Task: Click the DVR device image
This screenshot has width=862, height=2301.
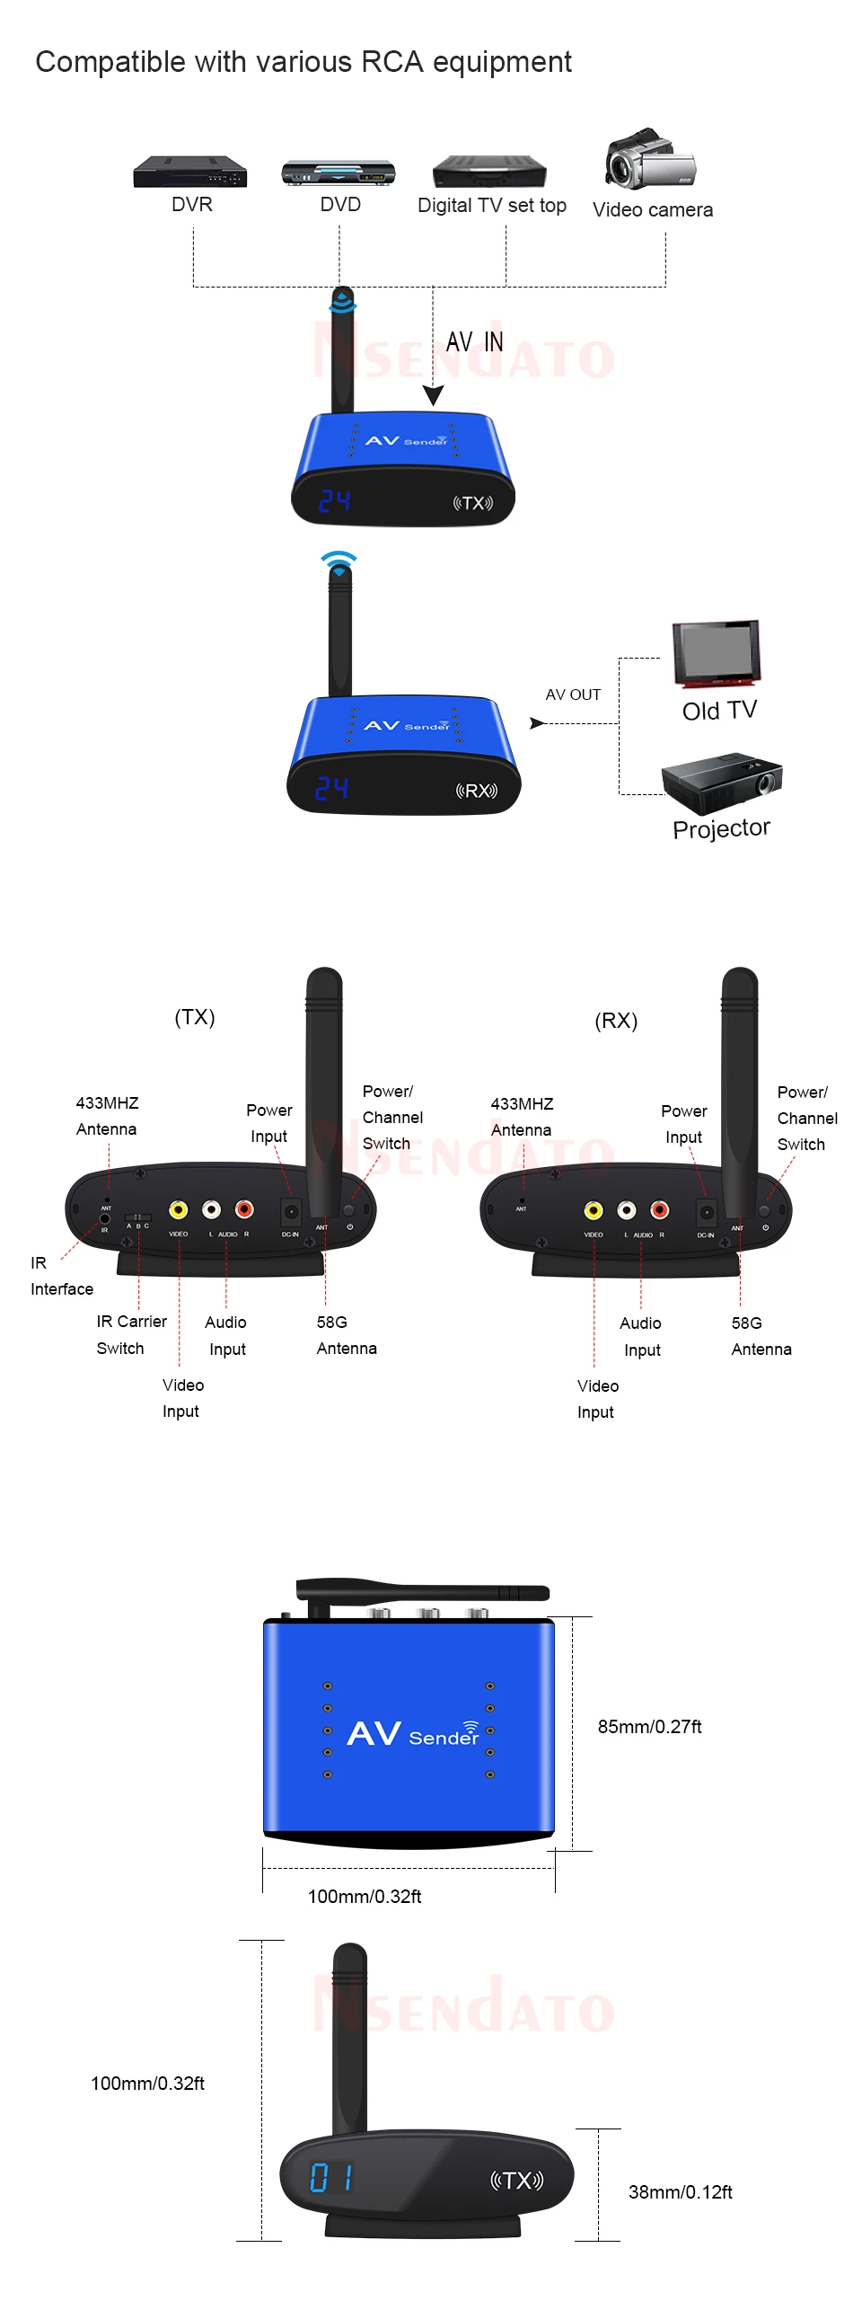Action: coord(189,172)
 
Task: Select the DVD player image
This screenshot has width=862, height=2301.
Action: coord(339,173)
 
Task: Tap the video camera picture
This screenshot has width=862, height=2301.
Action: coord(650,159)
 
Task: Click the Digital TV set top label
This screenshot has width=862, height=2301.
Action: coord(491,206)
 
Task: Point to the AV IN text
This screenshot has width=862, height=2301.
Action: coord(474,342)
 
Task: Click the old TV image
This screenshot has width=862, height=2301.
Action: coord(717,652)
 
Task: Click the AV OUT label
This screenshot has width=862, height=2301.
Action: coord(573,695)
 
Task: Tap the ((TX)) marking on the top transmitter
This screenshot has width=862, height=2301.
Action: coord(472,503)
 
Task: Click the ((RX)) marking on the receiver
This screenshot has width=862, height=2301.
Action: coord(476,791)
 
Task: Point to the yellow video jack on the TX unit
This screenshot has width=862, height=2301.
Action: coord(179,1209)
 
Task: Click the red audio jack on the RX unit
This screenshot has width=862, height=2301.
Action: coord(660,1210)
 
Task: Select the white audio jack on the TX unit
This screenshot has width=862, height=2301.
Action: coord(211,1209)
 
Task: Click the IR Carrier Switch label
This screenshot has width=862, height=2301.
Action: coord(131,1334)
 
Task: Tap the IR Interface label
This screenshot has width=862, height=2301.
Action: coord(61,1276)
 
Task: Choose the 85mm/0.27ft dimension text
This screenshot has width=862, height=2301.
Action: coord(649,1726)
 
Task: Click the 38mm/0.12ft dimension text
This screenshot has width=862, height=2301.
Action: coord(680,2191)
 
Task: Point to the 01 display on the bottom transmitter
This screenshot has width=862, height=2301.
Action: coord(330,2177)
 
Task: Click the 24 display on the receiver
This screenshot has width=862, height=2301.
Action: coord(331,789)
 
